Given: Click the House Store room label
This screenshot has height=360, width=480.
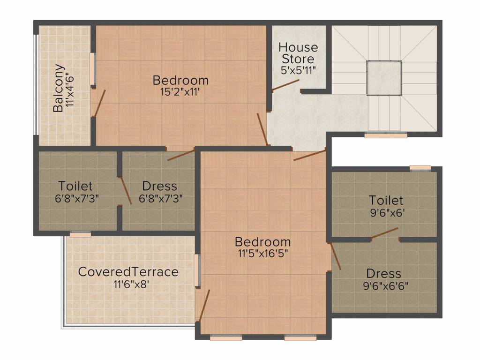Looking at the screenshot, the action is pyautogui.click(x=298, y=53).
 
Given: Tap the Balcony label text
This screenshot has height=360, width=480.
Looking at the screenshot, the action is pyautogui.click(x=59, y=88).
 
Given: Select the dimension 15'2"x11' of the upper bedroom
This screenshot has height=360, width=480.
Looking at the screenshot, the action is pyautogui.click(x=180, y=91).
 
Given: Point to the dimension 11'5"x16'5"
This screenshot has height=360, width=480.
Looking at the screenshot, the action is pyautogui.click(x=263, y=254).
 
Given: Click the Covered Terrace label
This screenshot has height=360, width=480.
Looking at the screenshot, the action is pyautogui.click(x=128, y=271).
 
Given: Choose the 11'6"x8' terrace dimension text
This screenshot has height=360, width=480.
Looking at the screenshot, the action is pyautogui.click(x=132, y=285).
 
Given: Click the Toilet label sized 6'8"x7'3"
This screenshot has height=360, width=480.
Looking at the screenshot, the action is pyautogui.click(x=75, y=186).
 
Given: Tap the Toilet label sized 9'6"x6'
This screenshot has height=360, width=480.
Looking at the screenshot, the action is pyautogui.click(x=386, y=200).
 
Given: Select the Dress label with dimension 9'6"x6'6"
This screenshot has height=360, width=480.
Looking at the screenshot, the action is pyautogui.click(x=383, y=273).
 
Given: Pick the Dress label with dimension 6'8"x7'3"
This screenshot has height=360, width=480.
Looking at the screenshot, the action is pyautogui.click(x=160, y=186).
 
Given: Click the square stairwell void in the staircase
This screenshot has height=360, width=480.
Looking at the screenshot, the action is pyautogui.click(x=384, y=78).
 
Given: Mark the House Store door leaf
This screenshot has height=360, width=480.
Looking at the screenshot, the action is pyautogui.click(x=285, y=85).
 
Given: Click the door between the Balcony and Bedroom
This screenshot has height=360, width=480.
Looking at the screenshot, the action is pyautogui.click(x=99, y=103).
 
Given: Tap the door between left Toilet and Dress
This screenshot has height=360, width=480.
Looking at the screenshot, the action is pyautogui.click(x=126, y=190).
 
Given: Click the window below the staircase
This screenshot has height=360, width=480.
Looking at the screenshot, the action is pyautogui.click(x=386, y=135).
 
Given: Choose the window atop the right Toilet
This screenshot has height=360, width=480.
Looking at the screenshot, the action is pyautogui.click(x=420, y=168).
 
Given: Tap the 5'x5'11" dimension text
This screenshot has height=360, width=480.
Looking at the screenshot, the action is pyautogui.click(x=298, y=70).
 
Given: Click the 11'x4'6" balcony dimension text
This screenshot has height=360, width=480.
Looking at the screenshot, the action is pyautogui.click(x=70, y=89).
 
